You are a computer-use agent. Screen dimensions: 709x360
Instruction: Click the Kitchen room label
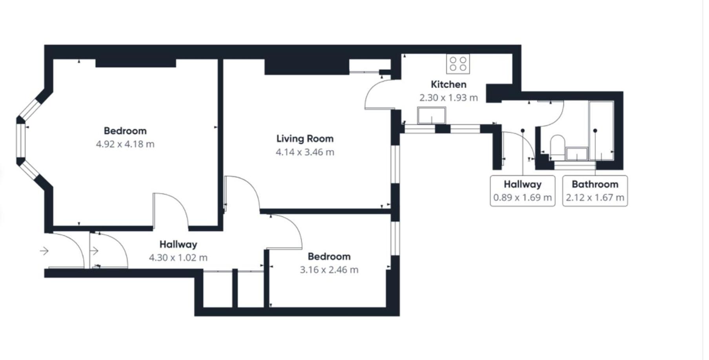(448, 84)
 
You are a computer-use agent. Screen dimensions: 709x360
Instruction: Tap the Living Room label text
(305, 138)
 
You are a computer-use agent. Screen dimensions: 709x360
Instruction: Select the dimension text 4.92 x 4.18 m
(125, 144)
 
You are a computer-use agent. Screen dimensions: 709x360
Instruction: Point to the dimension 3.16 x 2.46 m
(329, 270)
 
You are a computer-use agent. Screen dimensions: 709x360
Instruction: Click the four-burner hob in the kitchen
(458, 64)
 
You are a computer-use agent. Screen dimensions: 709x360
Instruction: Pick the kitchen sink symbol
(432, 115)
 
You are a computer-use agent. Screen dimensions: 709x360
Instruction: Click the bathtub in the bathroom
(601, 131)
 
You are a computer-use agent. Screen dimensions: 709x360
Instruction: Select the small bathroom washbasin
(576, 153)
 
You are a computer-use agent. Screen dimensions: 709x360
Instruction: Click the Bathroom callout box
(595, 191)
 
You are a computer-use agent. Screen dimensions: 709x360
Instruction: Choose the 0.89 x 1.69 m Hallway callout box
(523, 191)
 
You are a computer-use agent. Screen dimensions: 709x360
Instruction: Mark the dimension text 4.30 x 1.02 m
(178, 258)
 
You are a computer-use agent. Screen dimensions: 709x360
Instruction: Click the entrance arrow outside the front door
(44, 251)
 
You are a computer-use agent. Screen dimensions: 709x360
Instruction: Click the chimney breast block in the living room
(307, 67)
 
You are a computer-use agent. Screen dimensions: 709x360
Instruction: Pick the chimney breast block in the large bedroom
(136, 63)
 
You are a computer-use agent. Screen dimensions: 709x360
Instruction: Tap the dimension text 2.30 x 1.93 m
(448, 98)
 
